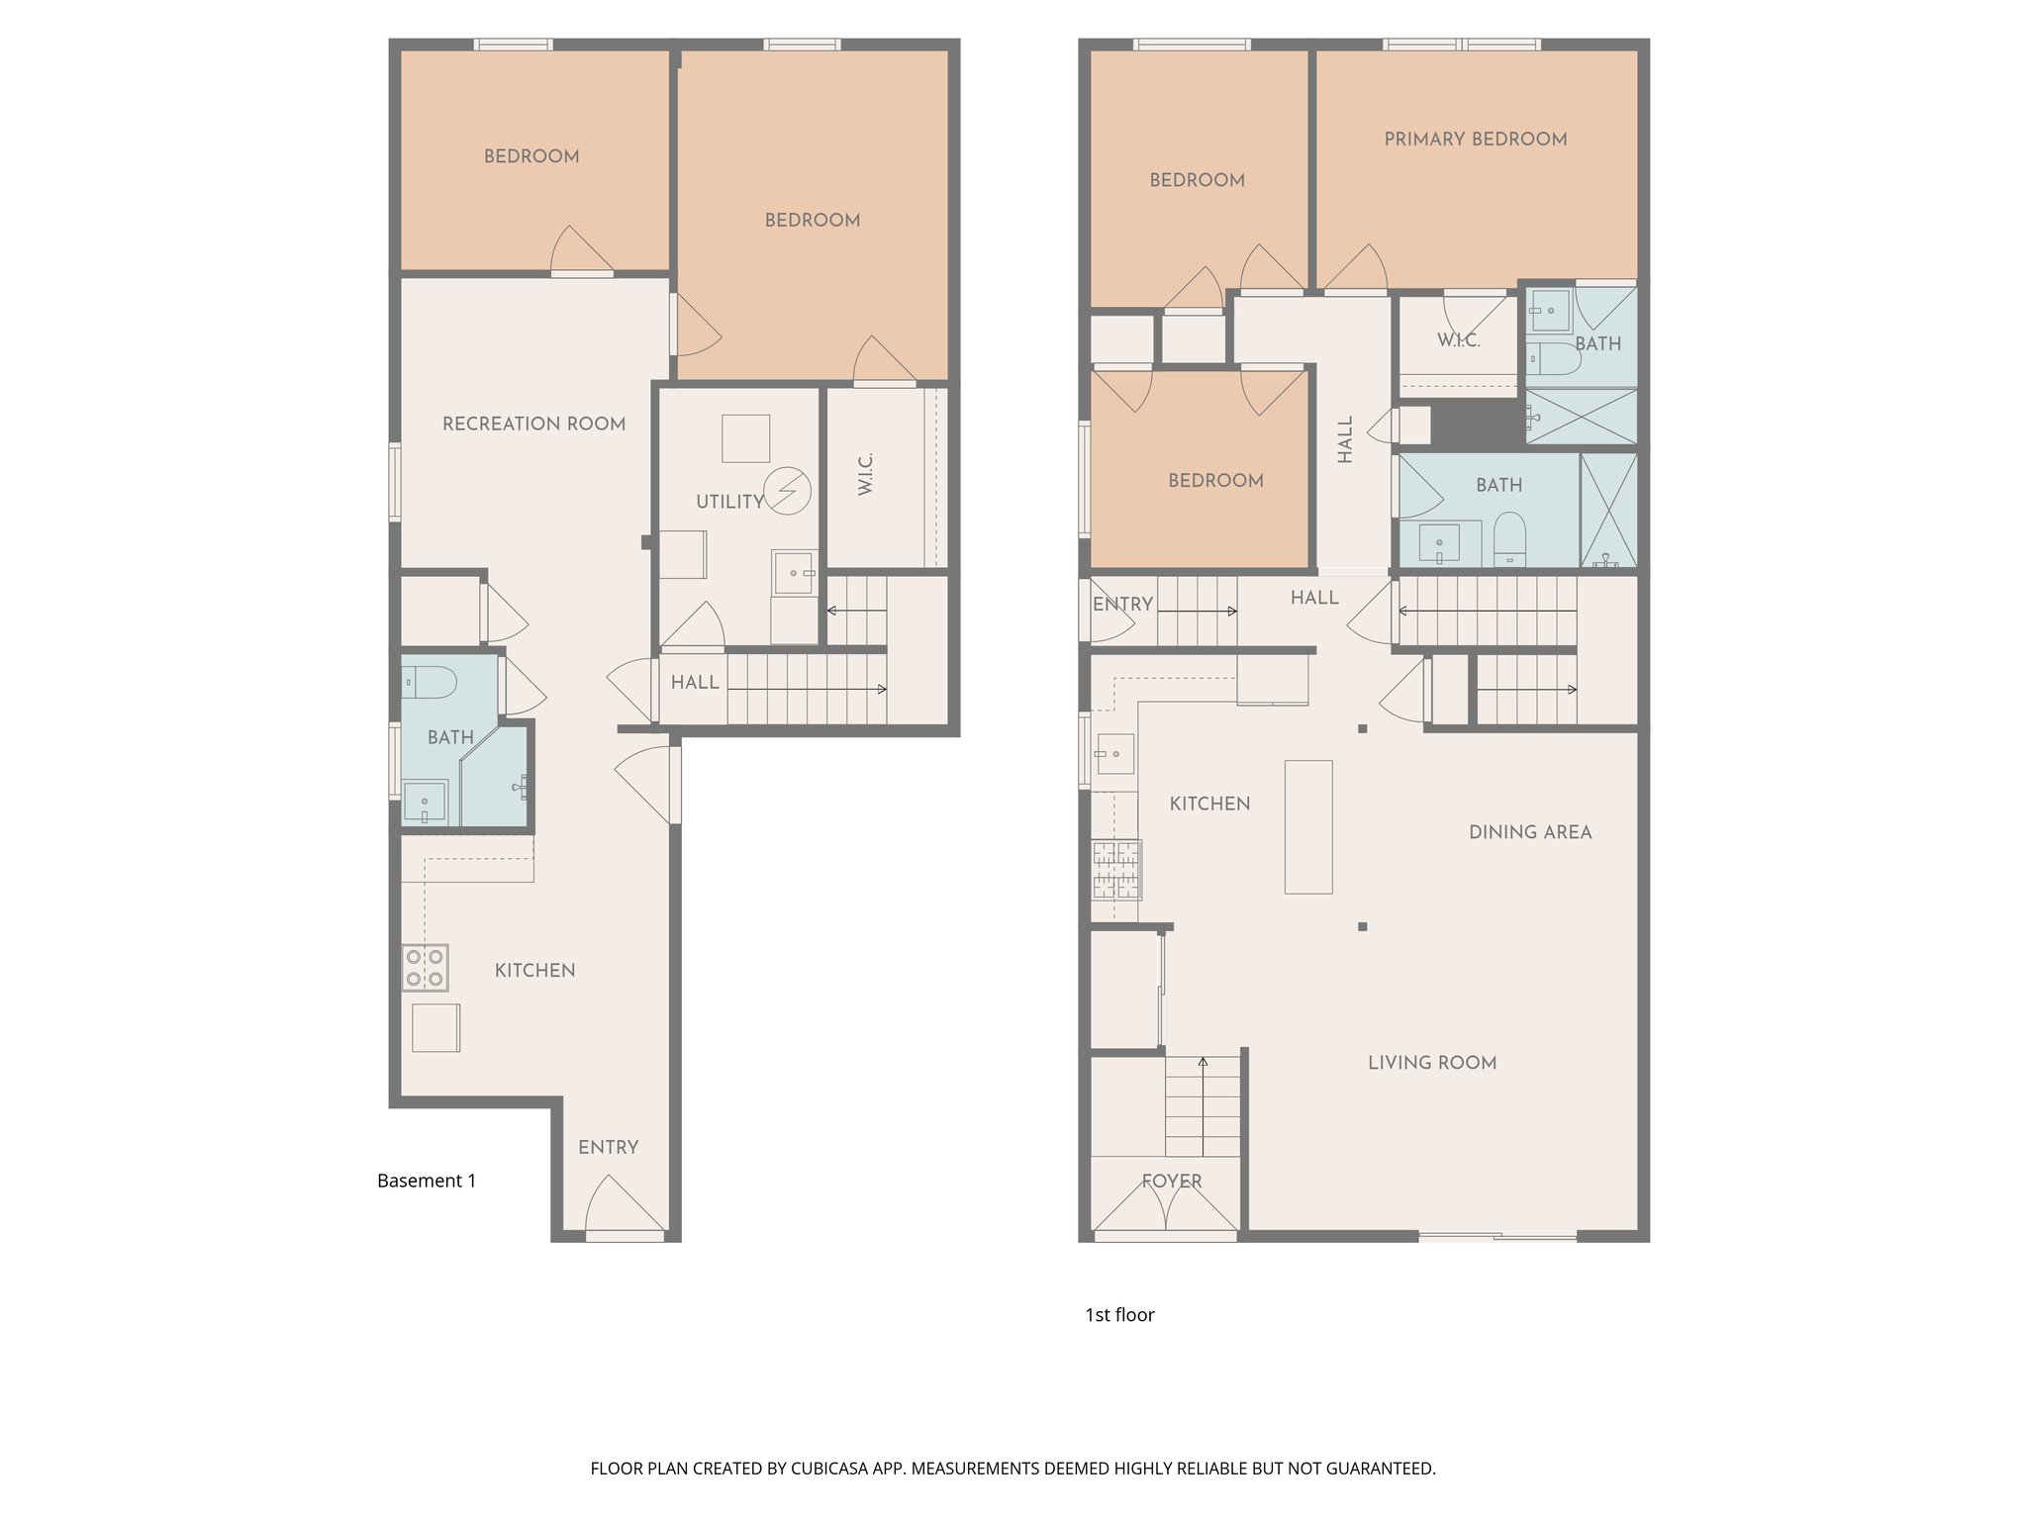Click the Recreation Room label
tap(533, 424)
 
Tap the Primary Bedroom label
tap(1475, 140)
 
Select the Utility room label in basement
tap(729, 502)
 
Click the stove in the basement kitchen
tap(425, 968)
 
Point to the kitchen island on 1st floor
tap(1307, 826)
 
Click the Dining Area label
tap(1529, 832)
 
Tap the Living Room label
tap(1431, 1063)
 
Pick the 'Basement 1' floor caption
tap(427, 1181)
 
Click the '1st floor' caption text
tap(1119, 1314)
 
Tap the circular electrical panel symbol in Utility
tap(789, 490)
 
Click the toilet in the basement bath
tap(429, 682)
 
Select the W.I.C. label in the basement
tap(865, 475)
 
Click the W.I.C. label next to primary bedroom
tap(1458, 340)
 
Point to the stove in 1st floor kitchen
tap(1116, 869)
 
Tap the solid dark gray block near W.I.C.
tap(1476, 424)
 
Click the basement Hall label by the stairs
tap(694, 682)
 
